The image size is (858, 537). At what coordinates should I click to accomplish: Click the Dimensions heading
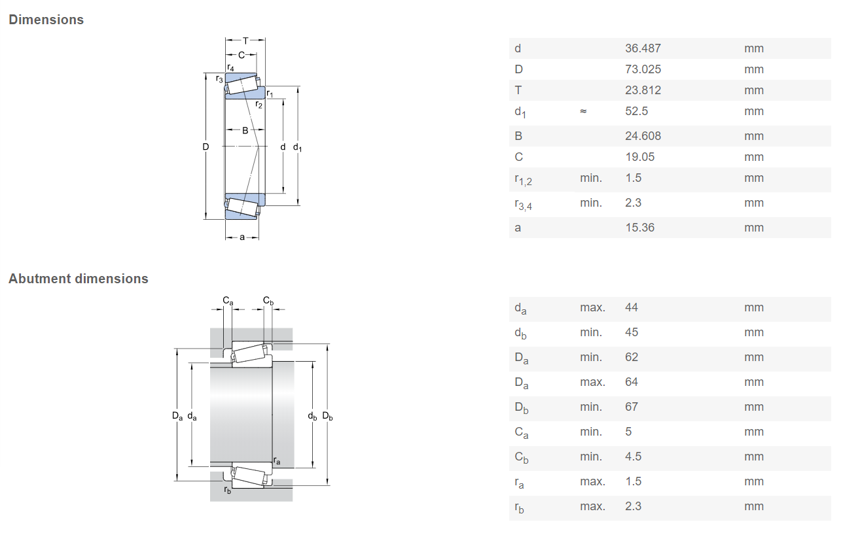(46, 20)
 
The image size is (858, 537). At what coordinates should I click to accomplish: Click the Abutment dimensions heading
(78, 279)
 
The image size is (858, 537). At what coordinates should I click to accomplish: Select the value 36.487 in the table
(643, 48)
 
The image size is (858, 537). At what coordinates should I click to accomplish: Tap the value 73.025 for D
(643, 69)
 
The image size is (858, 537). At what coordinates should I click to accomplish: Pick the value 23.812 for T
(643, 90)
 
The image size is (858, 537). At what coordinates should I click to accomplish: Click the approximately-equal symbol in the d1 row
(583, 111)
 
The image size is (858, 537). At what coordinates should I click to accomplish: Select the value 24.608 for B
(643, 136)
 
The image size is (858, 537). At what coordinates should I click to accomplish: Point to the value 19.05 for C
(639, 157)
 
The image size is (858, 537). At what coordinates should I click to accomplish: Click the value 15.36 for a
(639, 228)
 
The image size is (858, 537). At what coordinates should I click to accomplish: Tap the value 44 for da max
(632, 307)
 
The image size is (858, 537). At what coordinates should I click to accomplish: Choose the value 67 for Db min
(632, 407)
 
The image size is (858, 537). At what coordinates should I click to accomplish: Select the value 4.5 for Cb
(633, 457)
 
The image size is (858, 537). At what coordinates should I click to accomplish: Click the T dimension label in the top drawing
(245, 40)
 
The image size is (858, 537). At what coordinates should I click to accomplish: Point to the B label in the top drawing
(245, 131)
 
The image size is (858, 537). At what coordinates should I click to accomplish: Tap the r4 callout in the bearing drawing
(230, 67)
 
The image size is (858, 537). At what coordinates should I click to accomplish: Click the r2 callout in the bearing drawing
(259, 105)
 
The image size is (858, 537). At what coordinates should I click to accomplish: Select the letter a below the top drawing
(242, 237)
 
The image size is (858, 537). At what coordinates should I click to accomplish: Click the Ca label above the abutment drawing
(228, 301)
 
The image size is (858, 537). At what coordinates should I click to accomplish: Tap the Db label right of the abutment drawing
(327, 416)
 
